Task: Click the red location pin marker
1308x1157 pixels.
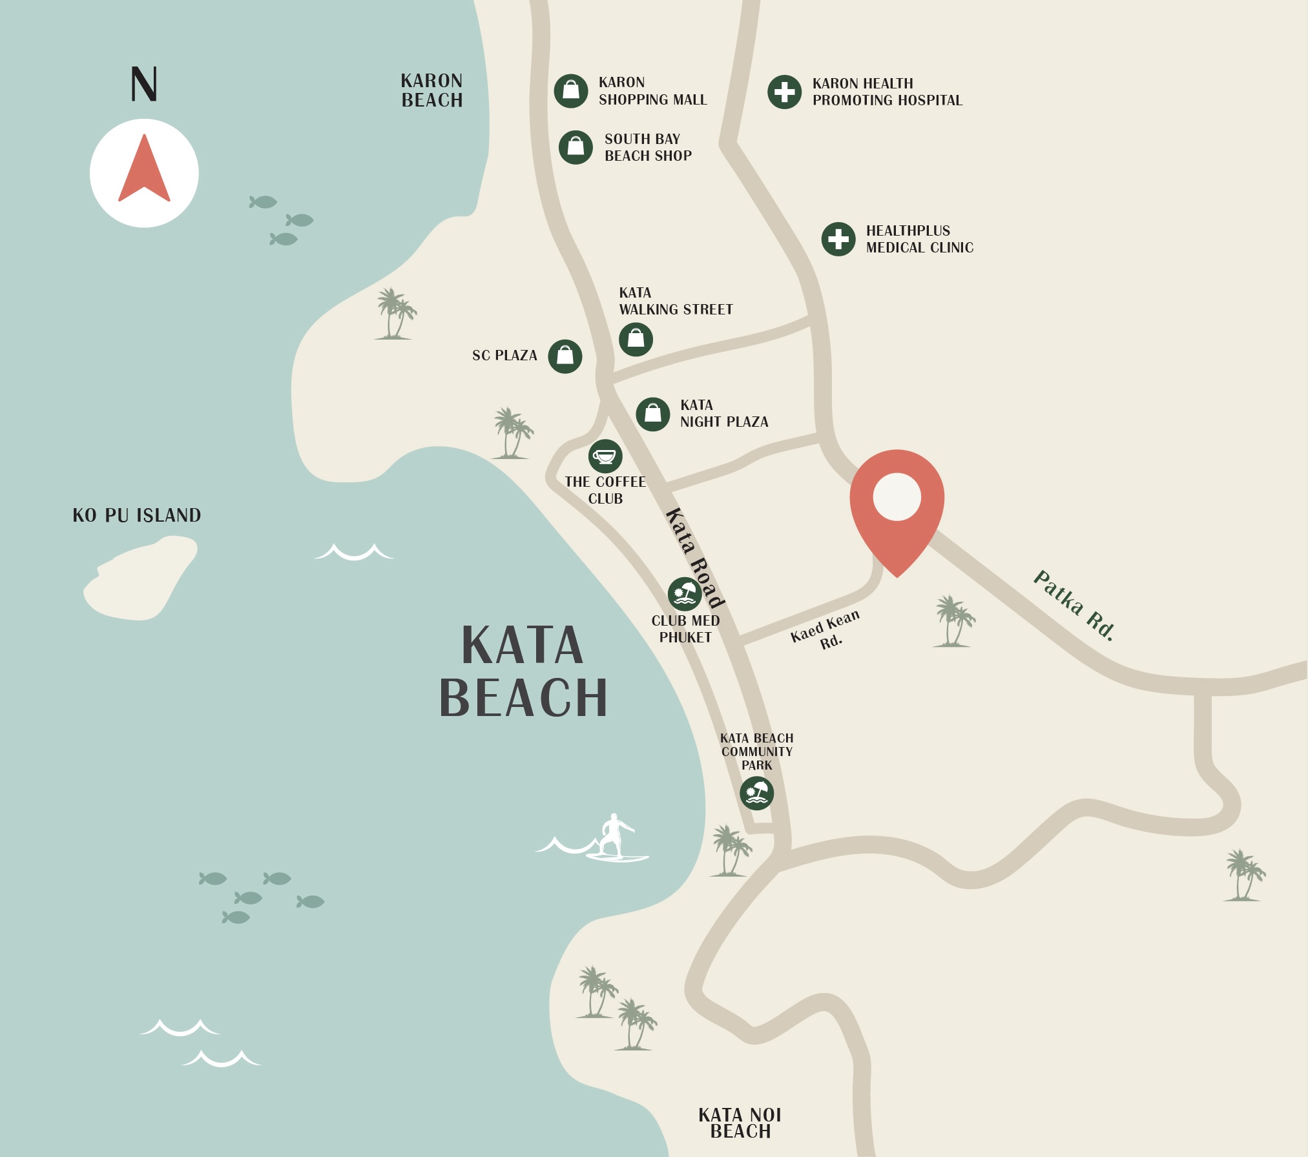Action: tap(897, 504)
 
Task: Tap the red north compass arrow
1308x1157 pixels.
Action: tap(144, 170)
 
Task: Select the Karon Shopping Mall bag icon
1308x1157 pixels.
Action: tap(571, 90)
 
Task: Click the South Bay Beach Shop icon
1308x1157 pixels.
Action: tap(576, 147)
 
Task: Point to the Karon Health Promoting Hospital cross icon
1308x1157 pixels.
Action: tap(784, 92)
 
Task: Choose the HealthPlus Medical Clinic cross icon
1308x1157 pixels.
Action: tap(838, 239)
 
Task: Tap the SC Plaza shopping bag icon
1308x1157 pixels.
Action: tap(565, 356)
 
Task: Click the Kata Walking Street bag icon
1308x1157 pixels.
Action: tap(636, 339)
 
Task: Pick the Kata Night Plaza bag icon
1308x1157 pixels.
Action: tap(653, 414)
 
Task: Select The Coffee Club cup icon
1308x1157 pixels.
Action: tap(605, 456)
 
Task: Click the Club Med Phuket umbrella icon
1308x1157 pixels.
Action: tap(685, 594)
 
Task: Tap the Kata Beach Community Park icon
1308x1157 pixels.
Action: tap(756, 793)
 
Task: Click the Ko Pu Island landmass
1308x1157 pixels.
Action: tap(141, 581)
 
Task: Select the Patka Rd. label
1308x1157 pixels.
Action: tap(1074, 605)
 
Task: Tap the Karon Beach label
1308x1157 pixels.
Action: tap(431, 90)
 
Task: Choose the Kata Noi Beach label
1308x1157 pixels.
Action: tap(740, 1123)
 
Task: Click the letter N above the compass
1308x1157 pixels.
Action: tap(143, 84)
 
